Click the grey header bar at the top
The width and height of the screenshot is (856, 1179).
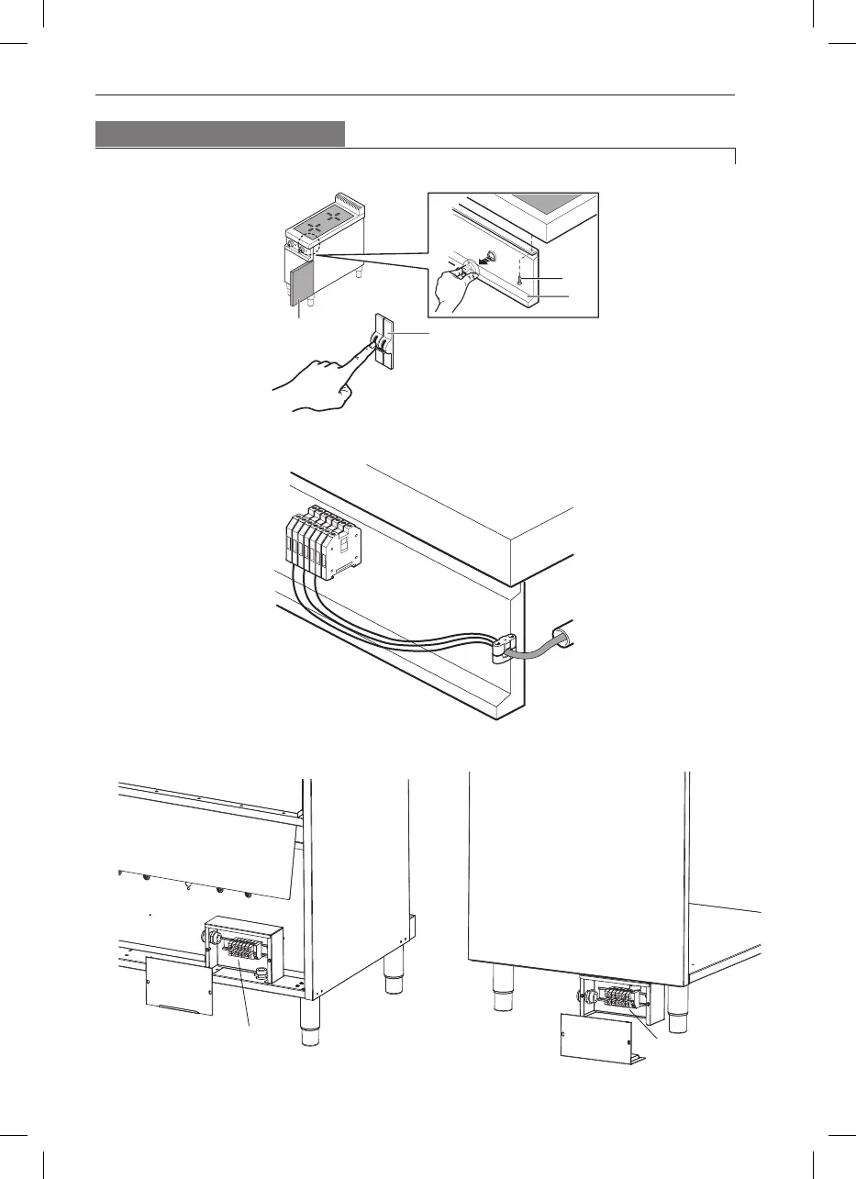pyautogui.click(x=220, y=134)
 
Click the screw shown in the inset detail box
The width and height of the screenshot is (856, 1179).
pyautogui.click(x=519, y=279)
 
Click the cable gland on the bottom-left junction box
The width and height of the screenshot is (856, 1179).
pyautogui.click(x=207, y=937)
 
